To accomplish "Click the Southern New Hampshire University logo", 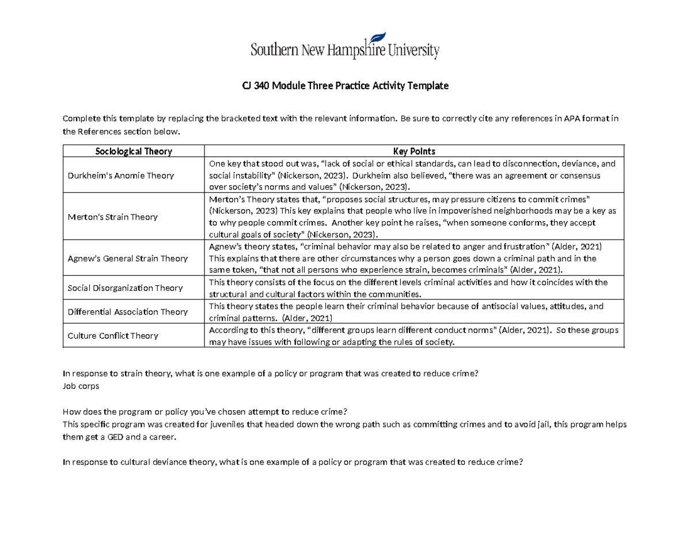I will click(x=345, y=50).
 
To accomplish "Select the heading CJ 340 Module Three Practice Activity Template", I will click(x=344, y=86).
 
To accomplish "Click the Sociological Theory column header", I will click(x=134, y=152).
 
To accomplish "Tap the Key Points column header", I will click(x=414, y=152).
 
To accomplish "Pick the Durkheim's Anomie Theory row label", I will click(x=120, y=175).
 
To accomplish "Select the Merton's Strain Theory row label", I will click(x=112, y=217).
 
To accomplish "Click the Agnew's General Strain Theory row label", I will click(x=127, y=259).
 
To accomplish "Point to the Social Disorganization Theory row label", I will click(x=125, y=288).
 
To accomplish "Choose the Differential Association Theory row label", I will click(x=127, y=312).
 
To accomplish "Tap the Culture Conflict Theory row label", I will click(x=113, y=336).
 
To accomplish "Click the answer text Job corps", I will click(x=81, y=387).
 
